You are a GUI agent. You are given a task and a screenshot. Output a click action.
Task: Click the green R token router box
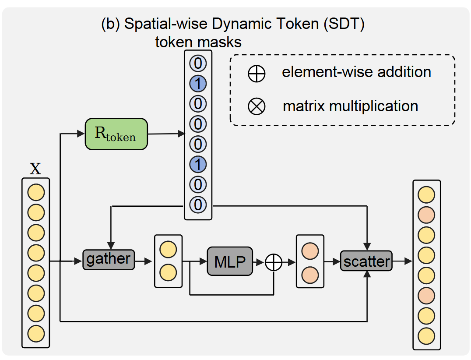(116, 134)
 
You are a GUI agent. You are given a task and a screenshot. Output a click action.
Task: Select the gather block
(108, 260)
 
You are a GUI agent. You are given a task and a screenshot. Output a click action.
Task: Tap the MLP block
(230, 261)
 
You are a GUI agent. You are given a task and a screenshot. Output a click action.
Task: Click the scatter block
(366, 261)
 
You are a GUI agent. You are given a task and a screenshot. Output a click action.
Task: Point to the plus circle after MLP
(274, 262)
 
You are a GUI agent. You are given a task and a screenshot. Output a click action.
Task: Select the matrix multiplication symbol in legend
(257, 106)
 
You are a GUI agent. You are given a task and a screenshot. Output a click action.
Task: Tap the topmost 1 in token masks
(198, 84)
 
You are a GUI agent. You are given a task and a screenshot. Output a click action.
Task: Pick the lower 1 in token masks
(198, 165)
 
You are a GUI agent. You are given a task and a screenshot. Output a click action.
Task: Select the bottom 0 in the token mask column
(198, 205)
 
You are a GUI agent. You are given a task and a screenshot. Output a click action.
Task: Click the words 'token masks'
(198, 42)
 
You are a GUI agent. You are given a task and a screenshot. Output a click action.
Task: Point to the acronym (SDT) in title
(344, 24)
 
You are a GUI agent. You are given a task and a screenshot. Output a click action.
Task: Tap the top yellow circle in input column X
(36, 192)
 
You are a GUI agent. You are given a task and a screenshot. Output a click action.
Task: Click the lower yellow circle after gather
(168, 272)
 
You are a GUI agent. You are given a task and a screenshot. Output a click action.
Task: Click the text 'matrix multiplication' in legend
(350, 106)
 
